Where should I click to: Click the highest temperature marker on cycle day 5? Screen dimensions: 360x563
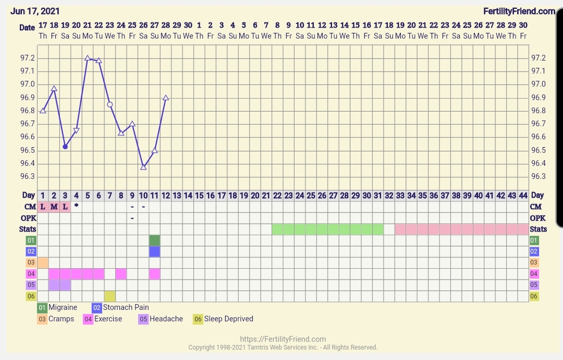(87, 58)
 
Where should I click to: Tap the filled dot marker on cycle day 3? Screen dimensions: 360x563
(65, 147)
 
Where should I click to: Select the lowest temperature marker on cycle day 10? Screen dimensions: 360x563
(143, 167)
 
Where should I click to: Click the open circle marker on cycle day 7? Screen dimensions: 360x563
(110, 104)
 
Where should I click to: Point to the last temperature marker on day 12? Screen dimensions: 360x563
(166, 98)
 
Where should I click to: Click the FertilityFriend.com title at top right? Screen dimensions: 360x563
(519, 11)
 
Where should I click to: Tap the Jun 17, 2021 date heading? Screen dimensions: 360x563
(35, 11)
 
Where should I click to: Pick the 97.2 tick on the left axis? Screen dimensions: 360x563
(28, 58)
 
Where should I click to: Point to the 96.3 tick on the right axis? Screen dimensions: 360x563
(538, 176)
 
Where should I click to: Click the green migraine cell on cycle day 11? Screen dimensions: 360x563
(154, 241)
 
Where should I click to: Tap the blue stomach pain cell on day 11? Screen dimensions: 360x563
(154, 251)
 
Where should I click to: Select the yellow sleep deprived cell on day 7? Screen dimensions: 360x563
(109, 296)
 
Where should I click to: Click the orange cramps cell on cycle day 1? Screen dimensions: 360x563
(43, 262)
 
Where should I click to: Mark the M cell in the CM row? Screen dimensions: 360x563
(54, 207)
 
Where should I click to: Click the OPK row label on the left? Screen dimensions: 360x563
(28, 218)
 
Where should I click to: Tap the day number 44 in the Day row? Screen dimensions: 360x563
(523, 195)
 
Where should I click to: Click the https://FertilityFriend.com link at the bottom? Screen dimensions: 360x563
(283, 339)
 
